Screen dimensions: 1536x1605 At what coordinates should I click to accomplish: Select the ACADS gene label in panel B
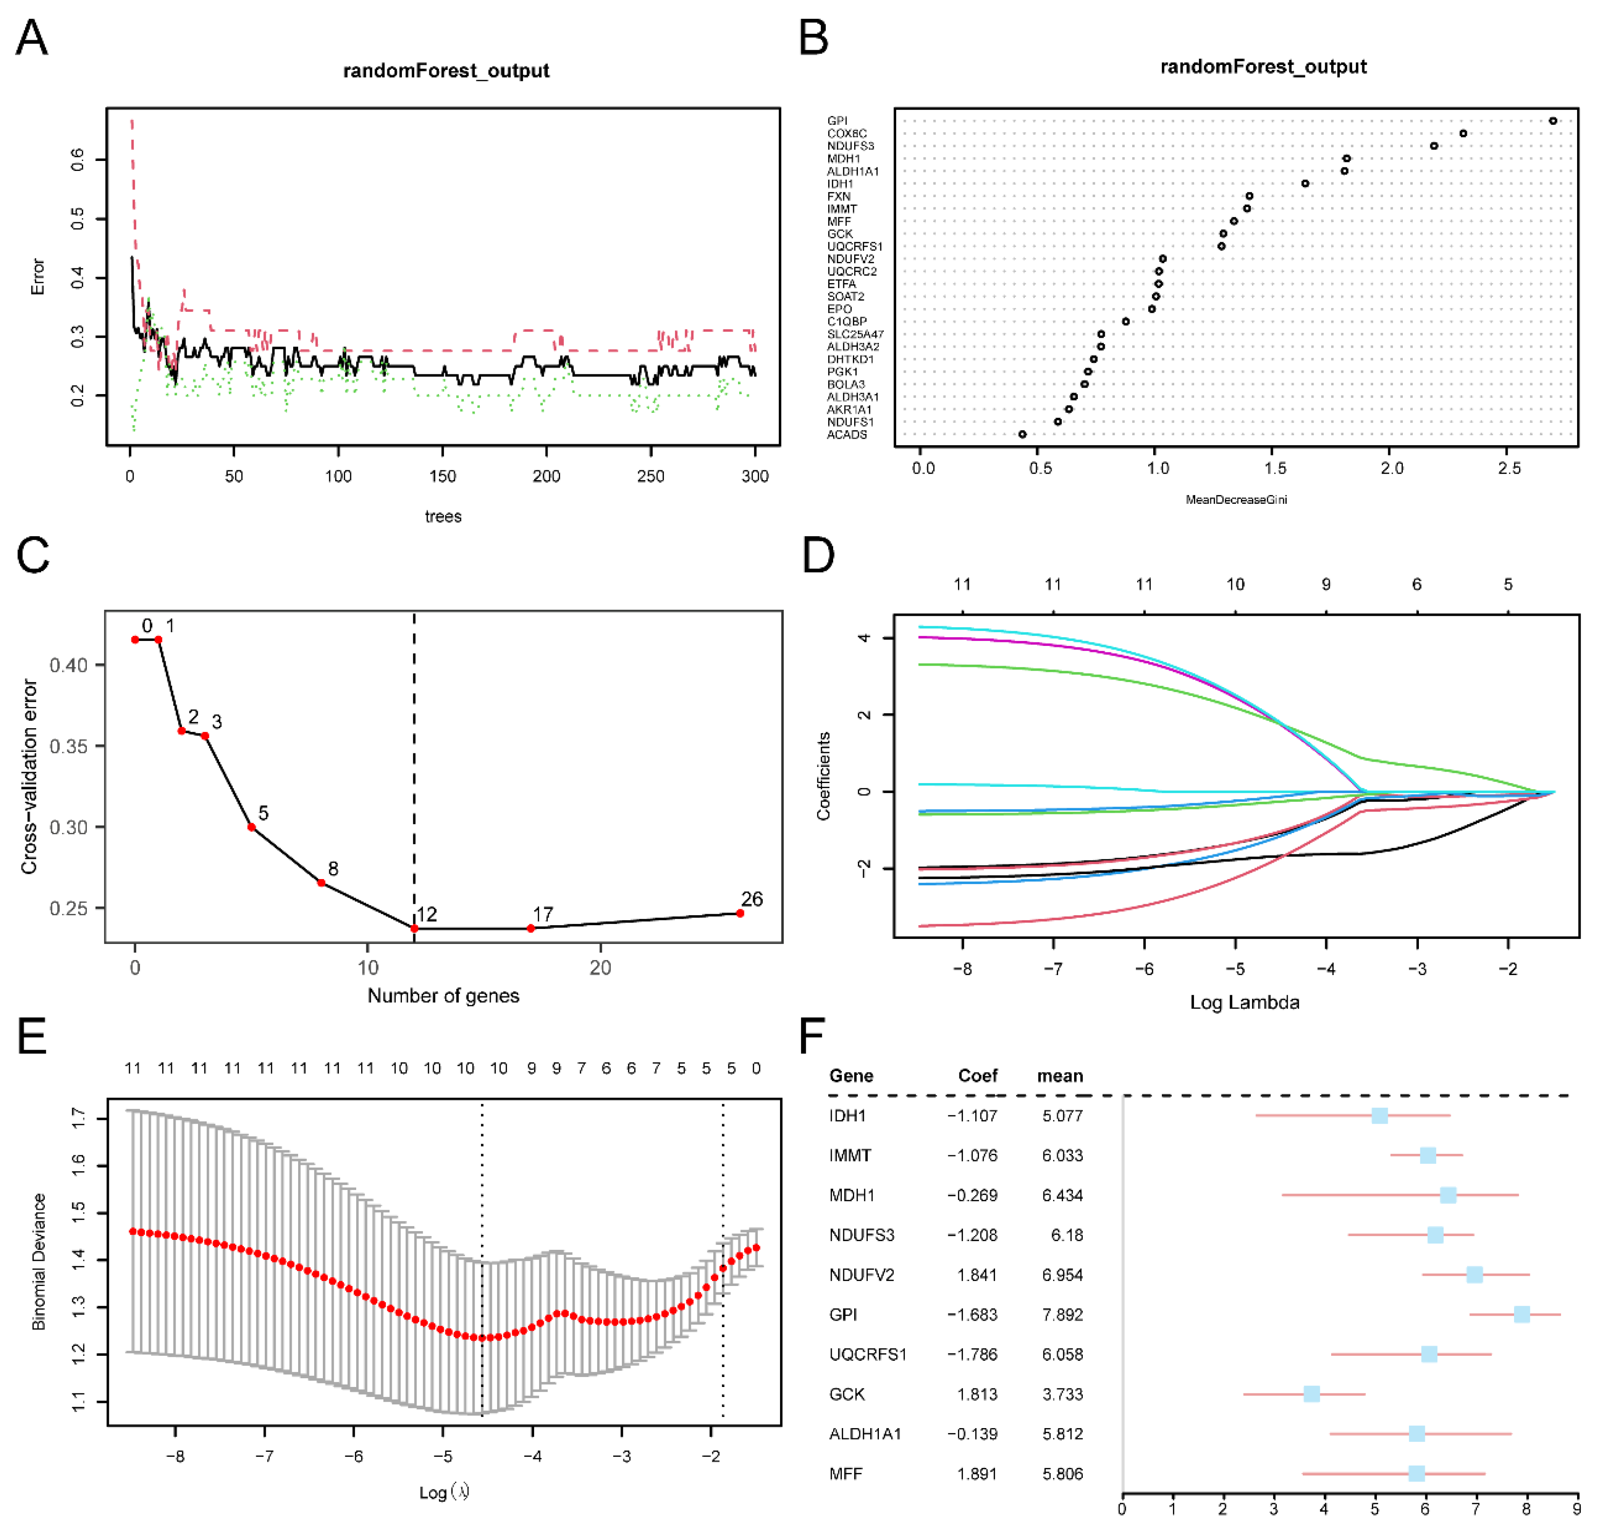pyautogui.click(x=847, y=435)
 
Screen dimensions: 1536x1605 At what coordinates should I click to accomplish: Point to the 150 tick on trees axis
pyautogui.click(x=442, y=476)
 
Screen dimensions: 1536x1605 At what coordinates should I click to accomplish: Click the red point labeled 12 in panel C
pyautogui.click(x=414, y=928)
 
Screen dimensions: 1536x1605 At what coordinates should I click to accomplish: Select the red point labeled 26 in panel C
pyautogui.click(x=740, y=913)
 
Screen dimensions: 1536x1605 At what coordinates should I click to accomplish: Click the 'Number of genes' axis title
pyautogui.click(x=443, y=996)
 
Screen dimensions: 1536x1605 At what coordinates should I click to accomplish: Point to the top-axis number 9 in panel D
pyautogui.click(x=1326, y=585)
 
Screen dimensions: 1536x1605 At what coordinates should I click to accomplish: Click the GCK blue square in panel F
pyautogui.click(x=1311, y=1393)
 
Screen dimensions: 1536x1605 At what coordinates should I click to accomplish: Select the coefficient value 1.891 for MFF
pyautogui.click(x=976, y=1474)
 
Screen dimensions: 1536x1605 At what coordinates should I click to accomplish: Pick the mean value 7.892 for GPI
pyautogui.click(x=1062, y=1314)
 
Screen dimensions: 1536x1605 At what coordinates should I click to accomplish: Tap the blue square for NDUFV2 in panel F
pyautogui.click(x=1474, y=1275)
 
